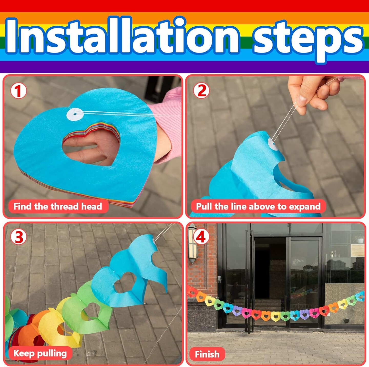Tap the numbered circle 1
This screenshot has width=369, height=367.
coord(18,91)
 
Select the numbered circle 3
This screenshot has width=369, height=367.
coord(18,237)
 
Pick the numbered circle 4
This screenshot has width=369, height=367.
coord(201,237)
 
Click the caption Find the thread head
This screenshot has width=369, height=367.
coord(58,206)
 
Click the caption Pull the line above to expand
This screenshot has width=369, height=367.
coord(258,206)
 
